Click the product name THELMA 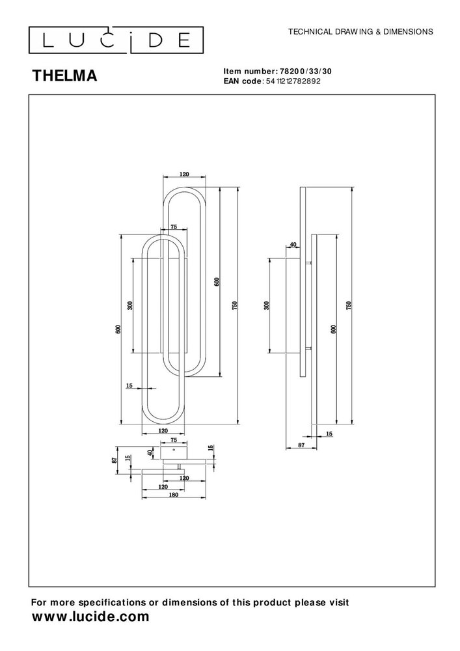(65, 76)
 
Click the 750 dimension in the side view (349, 305)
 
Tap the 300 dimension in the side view (266, 305)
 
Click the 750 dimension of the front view (236, 305)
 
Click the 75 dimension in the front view (174, 227)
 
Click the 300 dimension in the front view (130, 305)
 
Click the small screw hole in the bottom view (174, 450)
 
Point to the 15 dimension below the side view (329, 433)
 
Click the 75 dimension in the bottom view (174, 440)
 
